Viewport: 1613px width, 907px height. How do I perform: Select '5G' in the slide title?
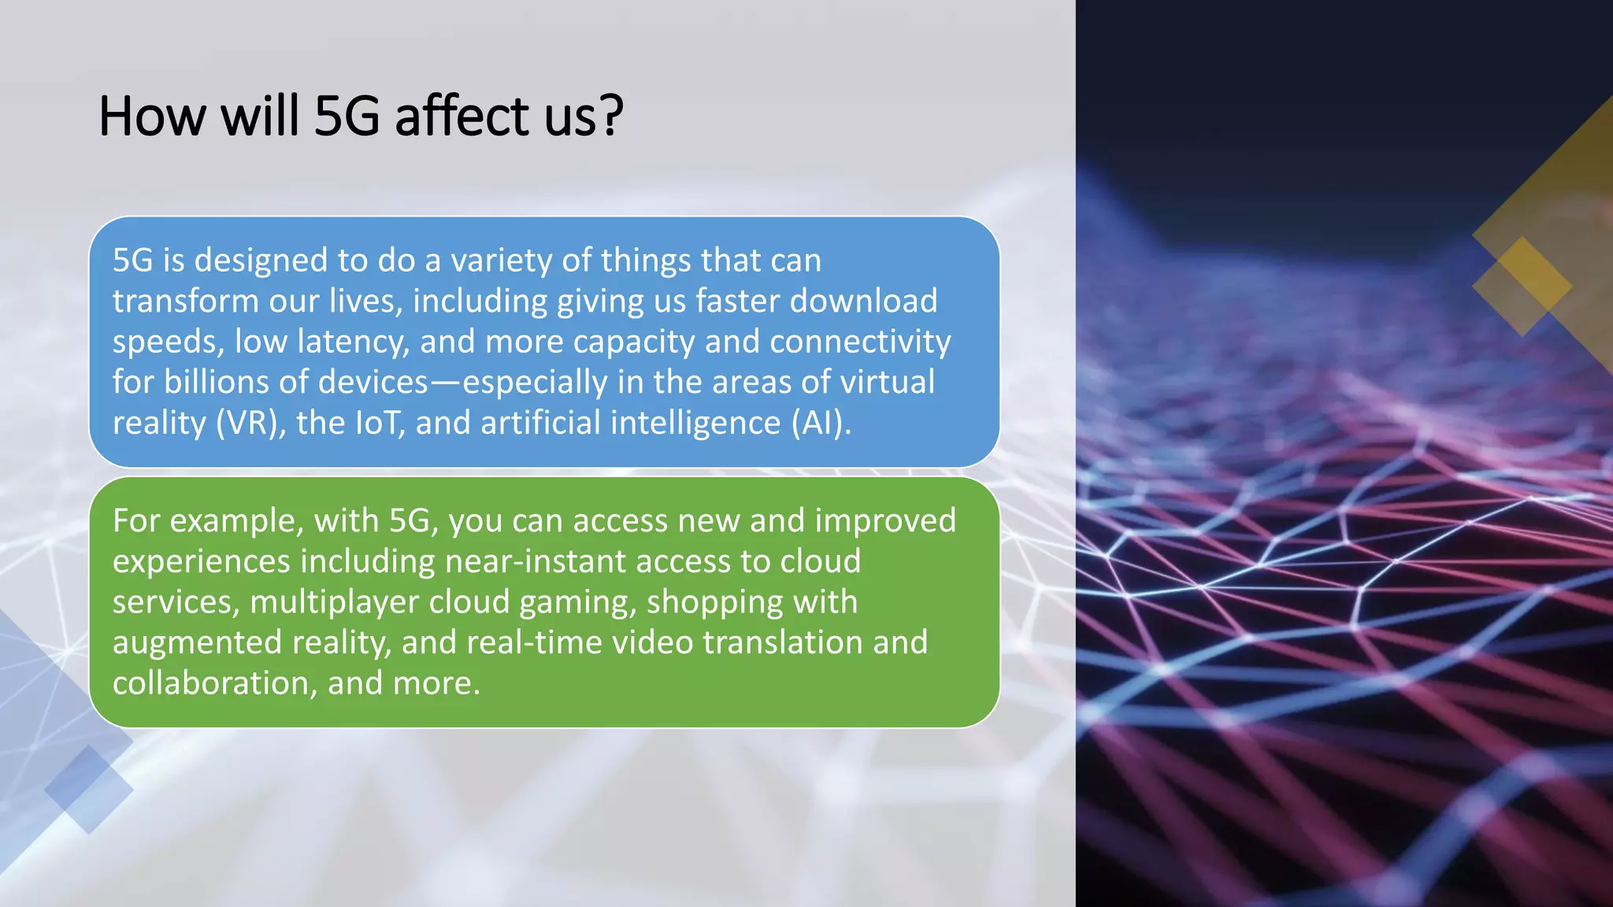(347, 117)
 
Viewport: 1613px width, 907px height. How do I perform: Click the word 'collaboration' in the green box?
(214, 683)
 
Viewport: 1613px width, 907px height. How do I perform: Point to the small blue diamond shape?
(88, 789)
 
